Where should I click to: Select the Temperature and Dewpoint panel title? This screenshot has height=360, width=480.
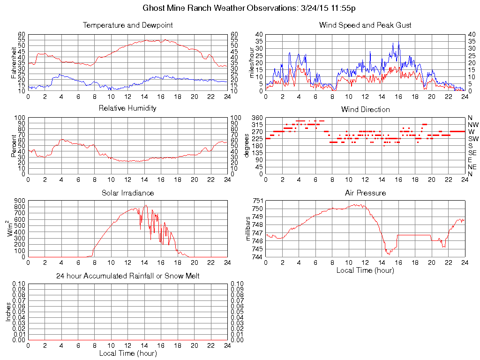pos(127,25)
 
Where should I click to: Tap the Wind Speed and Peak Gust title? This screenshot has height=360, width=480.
pos(365,25)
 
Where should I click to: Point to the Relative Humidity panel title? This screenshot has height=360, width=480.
pos(127,108)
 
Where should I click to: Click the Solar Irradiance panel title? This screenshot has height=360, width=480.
pos(127,193)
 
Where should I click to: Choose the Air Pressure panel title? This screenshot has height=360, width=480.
pos(365,193)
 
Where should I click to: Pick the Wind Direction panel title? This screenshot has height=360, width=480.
pos(365,109)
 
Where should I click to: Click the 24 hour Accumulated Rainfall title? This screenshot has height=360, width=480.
pos(127,276)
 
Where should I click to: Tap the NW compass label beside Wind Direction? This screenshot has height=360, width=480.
pos(473,125)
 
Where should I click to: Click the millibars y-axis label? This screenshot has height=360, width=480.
pos(248,229)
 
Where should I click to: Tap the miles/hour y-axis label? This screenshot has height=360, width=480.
pos(250,62)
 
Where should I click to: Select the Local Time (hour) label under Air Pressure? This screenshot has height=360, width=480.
pos(365,270)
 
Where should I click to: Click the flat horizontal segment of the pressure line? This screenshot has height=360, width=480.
pos(414,235)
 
